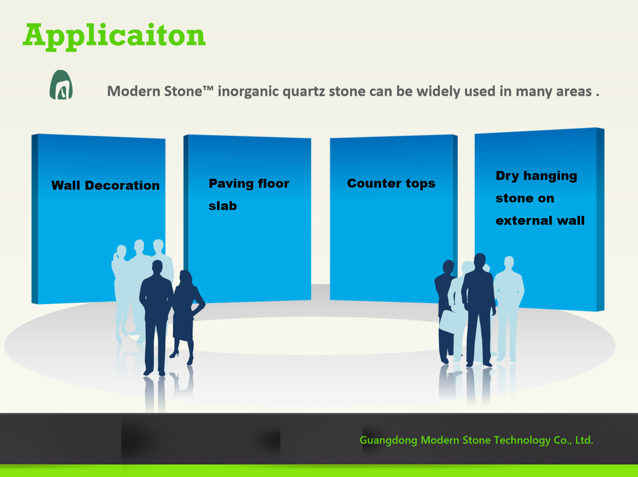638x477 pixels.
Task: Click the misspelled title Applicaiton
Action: click(x=114, y=36)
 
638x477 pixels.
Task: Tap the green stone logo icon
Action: click(x=61, y=85)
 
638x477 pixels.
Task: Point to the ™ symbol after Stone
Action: click(x=208, y=88)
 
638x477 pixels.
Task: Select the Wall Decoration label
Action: click(x=106, y=185)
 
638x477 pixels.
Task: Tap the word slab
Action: click(x=222, y=206)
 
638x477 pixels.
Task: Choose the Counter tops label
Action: click(x=391, y=183)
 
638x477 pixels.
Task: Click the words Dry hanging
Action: click(x=536, y=176)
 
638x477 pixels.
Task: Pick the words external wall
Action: click(x=540, y=221)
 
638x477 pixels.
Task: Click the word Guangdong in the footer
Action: click(x=388, y=440)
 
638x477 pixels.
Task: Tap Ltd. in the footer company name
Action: click(x=584, y=440)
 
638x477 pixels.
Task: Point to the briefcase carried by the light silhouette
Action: click(x=451, y=321)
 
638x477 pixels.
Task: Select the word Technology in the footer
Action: click(x=522, y=440)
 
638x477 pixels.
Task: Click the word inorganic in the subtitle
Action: click(x=248, y=92)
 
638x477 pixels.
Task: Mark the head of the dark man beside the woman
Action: click(x=157, y=267)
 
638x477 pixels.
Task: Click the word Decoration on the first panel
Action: click(x=122, y=185)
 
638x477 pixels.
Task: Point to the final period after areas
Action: click(x=597, y=95)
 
